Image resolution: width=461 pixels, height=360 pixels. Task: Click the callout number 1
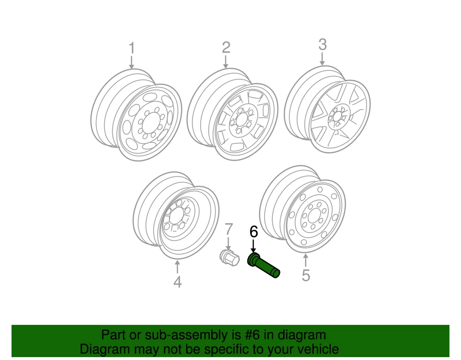pyautogui.click(x=132, y=48)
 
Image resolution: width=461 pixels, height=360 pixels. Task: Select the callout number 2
pyautogui.click(x=226, y=47)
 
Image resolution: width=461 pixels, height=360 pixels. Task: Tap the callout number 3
pyautogui.click(x=322, y=45)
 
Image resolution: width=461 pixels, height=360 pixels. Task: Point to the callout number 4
pyautogui.click(x=177, y=282)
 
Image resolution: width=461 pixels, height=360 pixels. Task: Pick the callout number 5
pyautogui.click(x=306, y=275)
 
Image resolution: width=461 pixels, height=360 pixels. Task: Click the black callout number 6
pyautogui.click(x=254, y=232)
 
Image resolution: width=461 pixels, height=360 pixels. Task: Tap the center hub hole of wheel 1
pyautogui.click(x=149, y=123)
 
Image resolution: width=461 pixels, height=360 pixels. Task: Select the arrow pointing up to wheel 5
pyautogui.click(x=306, y=260)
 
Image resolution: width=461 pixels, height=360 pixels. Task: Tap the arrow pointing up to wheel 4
pyautogui.click(x=177, y=266)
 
